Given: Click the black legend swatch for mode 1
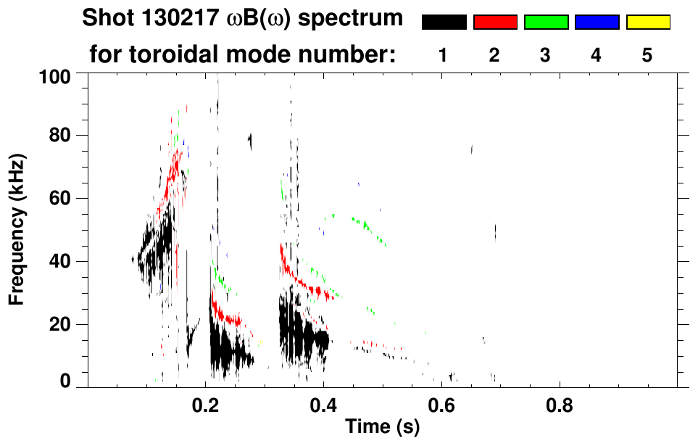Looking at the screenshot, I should pos(444,22).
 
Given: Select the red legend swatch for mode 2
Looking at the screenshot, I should pos(495,22).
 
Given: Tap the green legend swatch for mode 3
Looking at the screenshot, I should pos(546,22).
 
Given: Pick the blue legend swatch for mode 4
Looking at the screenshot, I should pos(597,22).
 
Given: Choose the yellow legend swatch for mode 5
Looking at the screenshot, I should pos(648,22).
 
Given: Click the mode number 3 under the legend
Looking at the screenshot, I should pos(546,55).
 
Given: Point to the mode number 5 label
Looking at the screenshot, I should pos(648,55).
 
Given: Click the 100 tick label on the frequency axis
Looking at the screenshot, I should pos(54,75).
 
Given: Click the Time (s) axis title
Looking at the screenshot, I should pos(382,427).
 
